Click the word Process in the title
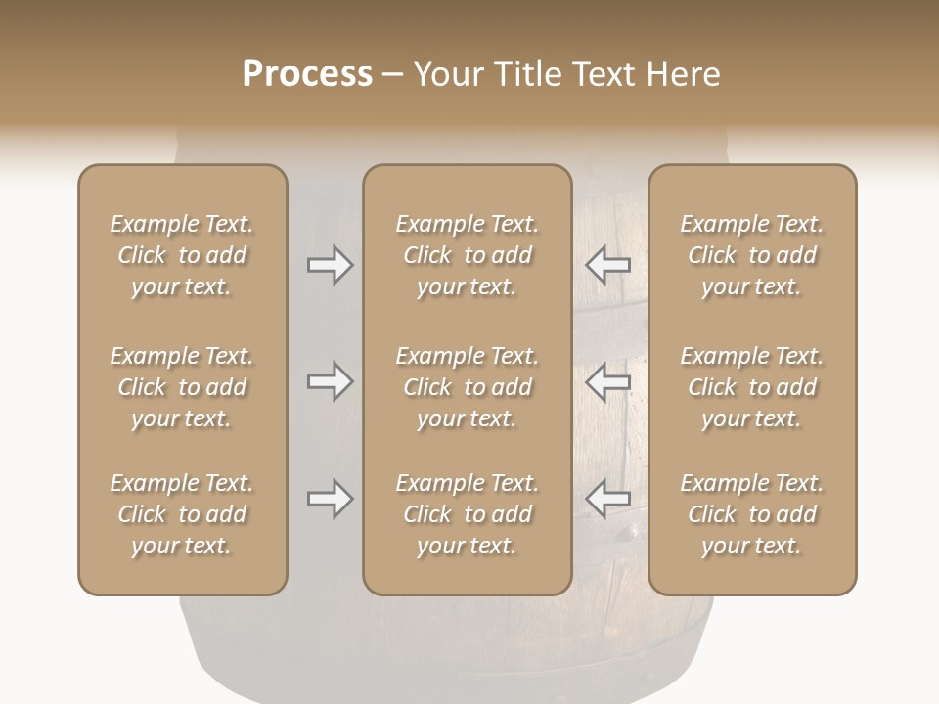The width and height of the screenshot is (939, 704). pyautogui.click(x=307, y=74)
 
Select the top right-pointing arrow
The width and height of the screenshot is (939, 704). pyautogui.click(x=330, y=265)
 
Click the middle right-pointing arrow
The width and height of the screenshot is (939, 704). pyautogui.click(x=330, y=381)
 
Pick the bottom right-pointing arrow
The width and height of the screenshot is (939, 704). pyautogui.click(x=330, y=499)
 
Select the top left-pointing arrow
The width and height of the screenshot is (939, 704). pyautogui.click(x=608, y=265)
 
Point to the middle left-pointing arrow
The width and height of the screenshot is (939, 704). pyautogui.click(x=608, y=381)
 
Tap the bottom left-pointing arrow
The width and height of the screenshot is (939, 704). pyautogui.click(x=608, y=499)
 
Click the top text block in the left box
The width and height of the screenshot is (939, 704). pyautogui.click(x=182, y=255)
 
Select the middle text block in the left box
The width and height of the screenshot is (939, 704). pyautogui.click(x=182, y=387)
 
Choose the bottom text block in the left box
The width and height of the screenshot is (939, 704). pyautogui.click(x=182, y=514)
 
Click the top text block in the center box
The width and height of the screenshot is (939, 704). pyautogui.click(x=467, y=255)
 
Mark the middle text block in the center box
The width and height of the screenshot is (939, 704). pyautogui.click(x=467, y=387)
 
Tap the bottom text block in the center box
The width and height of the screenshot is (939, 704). pyautogui.click(x=467, y=514)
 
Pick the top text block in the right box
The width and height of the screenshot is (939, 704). pyautogui.click(x=751, y=255)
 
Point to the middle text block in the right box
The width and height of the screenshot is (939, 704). pyautogui.click(x=751, y=387)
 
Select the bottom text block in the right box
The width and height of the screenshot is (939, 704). pyautogui.click(x=751, y=514)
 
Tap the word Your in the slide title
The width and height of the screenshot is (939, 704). pyautogui.click(x=449, y=74)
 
